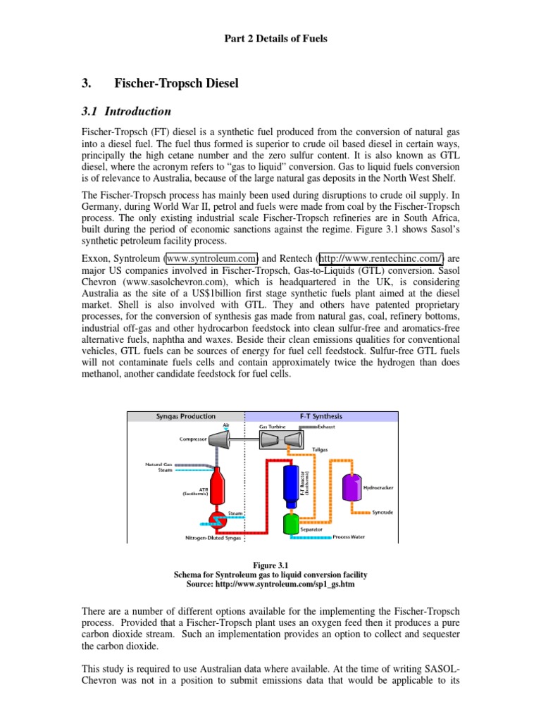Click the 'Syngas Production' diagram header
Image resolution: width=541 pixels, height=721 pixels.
[185, 416]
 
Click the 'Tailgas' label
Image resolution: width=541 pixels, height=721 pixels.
[320, 449]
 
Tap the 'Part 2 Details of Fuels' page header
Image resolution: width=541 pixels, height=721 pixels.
[270, 38]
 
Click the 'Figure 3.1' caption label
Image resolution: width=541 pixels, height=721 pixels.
[270, 565]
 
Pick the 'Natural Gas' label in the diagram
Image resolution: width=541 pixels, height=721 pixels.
[158, 465]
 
